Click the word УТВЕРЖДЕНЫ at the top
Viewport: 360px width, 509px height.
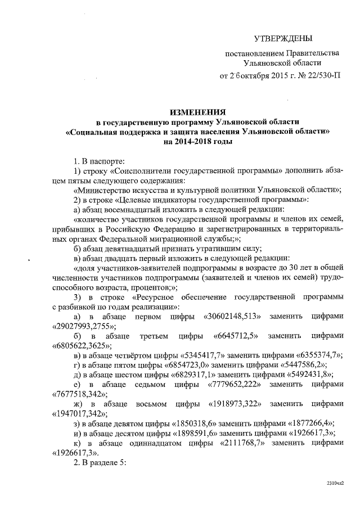point(282,38)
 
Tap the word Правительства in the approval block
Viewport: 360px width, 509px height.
point(312,54)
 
